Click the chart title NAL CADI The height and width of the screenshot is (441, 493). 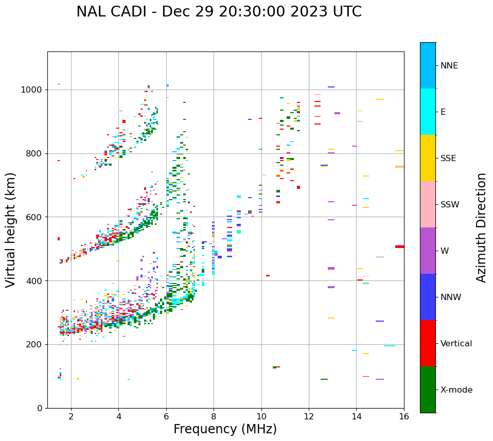219,12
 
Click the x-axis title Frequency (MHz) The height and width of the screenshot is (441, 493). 225,429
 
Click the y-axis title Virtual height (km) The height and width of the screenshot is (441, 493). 11,230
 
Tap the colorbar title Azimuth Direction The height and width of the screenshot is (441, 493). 481,227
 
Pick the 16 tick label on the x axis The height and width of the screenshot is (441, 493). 404,416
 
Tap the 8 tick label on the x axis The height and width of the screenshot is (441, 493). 214,416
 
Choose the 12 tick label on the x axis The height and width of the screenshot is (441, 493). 309,416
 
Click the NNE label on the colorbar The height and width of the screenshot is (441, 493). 449,66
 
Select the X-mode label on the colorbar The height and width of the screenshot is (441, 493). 456,390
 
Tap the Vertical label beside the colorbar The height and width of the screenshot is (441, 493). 456,344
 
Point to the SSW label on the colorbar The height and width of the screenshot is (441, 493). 450,205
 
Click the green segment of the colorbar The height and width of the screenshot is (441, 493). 428,390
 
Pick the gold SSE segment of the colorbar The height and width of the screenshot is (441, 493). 428,158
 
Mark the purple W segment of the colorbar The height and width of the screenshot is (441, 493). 428,251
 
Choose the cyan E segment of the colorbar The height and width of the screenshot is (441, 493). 428,112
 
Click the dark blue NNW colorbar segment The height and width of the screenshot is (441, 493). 428,297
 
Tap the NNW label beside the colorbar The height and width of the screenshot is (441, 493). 451,297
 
